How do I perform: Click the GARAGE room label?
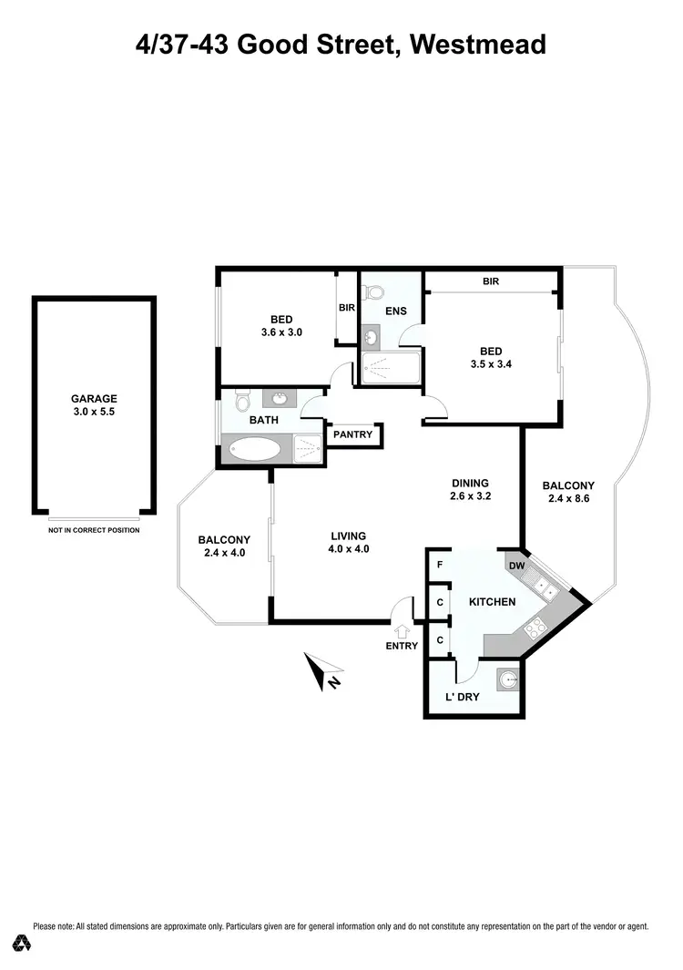pyautogui.click(x=94, y=398)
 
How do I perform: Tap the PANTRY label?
pyautogui.click(x=352, y=434)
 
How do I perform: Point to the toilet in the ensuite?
pyautogui.click(x=372, y=293)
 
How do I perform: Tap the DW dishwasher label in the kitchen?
pyautogui.click(x=516, y=566)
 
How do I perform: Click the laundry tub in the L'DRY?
pyautogui.click(x=508, y=679)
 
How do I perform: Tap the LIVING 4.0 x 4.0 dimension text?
pyautogui.click(x=349, y=548)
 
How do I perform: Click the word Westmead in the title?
pyautogui.click(x=478, y=44)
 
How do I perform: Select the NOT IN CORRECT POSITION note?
pyautogui.click(x=94, y=530)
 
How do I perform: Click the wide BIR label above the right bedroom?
pyautogui.click(x=491, y=282)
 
